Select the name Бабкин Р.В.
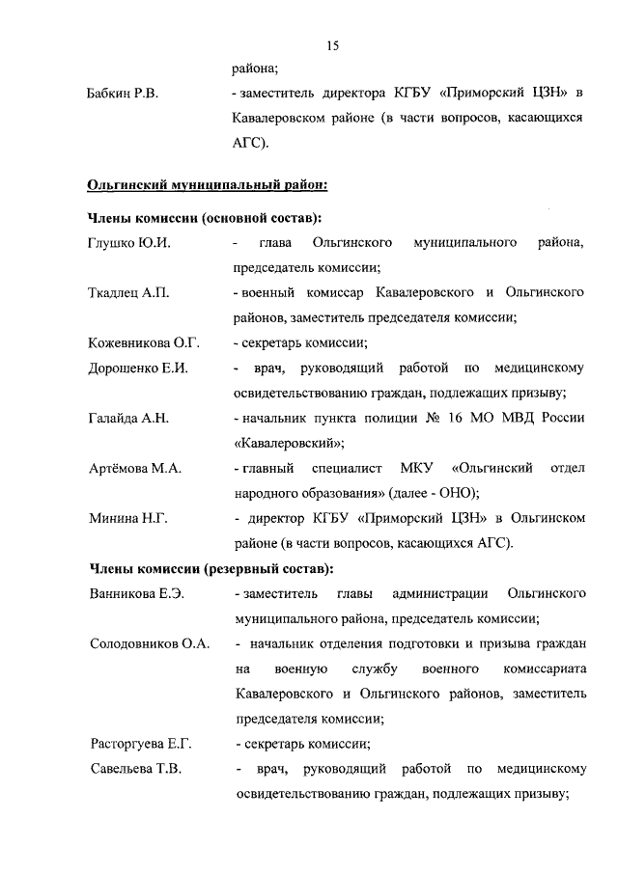click(x=124, y=94)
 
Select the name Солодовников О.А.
click(x=150, y=643)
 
